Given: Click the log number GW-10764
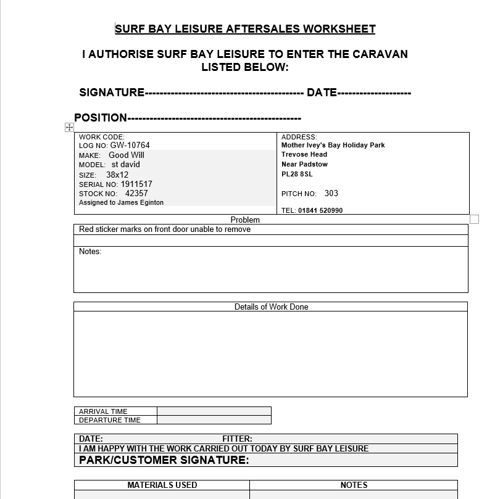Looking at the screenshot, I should point(130,146).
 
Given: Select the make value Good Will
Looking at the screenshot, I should point(126,155).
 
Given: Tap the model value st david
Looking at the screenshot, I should point(125,165).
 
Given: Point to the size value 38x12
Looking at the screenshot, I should point(117,175).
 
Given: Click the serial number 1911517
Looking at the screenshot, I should point(136,184).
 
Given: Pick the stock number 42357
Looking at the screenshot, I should point(136,193).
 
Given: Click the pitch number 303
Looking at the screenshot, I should point(331,193).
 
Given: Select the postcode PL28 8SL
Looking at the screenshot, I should point(297,174).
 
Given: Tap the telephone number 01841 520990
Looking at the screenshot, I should point(320,210).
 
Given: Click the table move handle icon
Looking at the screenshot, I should point(69,127).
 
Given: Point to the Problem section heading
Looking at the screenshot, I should point(245,220).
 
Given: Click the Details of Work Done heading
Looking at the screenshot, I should point(271,307).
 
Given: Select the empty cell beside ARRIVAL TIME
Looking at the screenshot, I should point(214,411).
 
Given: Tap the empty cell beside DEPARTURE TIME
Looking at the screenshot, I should point(214,420).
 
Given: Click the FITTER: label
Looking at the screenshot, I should point(237,439).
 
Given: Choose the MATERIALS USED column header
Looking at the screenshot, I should point(162,485).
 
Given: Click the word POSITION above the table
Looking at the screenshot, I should point(101,118).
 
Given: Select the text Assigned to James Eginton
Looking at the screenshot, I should point(122,202).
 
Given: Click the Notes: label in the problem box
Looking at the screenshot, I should point(90,252).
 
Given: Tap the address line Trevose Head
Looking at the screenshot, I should point(304,155).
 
